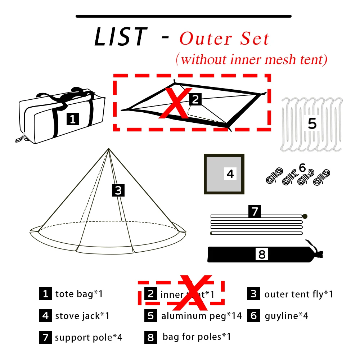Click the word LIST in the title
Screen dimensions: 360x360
point(121,37)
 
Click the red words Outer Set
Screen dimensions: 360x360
point(224,39)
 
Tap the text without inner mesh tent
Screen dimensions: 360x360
point(251,59)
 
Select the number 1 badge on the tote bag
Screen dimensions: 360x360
point(73,119)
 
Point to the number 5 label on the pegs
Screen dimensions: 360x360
point(312,123)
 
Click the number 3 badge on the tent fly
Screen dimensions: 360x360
point(118,190)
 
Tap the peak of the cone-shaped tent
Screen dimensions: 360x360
point(108,149)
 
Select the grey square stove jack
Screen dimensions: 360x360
point(224,174)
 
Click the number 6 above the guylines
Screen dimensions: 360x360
point(302,168)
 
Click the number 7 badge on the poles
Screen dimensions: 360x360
point(255,211)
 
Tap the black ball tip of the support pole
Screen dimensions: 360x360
point(305,216)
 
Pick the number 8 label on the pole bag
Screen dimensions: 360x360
point(262,254)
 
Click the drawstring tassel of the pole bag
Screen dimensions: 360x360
point(318,252)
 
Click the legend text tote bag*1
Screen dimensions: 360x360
point(79,294)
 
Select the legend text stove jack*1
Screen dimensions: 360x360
point(82,316)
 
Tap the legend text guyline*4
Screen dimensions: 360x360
point(287,316)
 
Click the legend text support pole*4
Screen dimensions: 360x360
point(89,338)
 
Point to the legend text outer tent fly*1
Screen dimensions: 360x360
point(298,294)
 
